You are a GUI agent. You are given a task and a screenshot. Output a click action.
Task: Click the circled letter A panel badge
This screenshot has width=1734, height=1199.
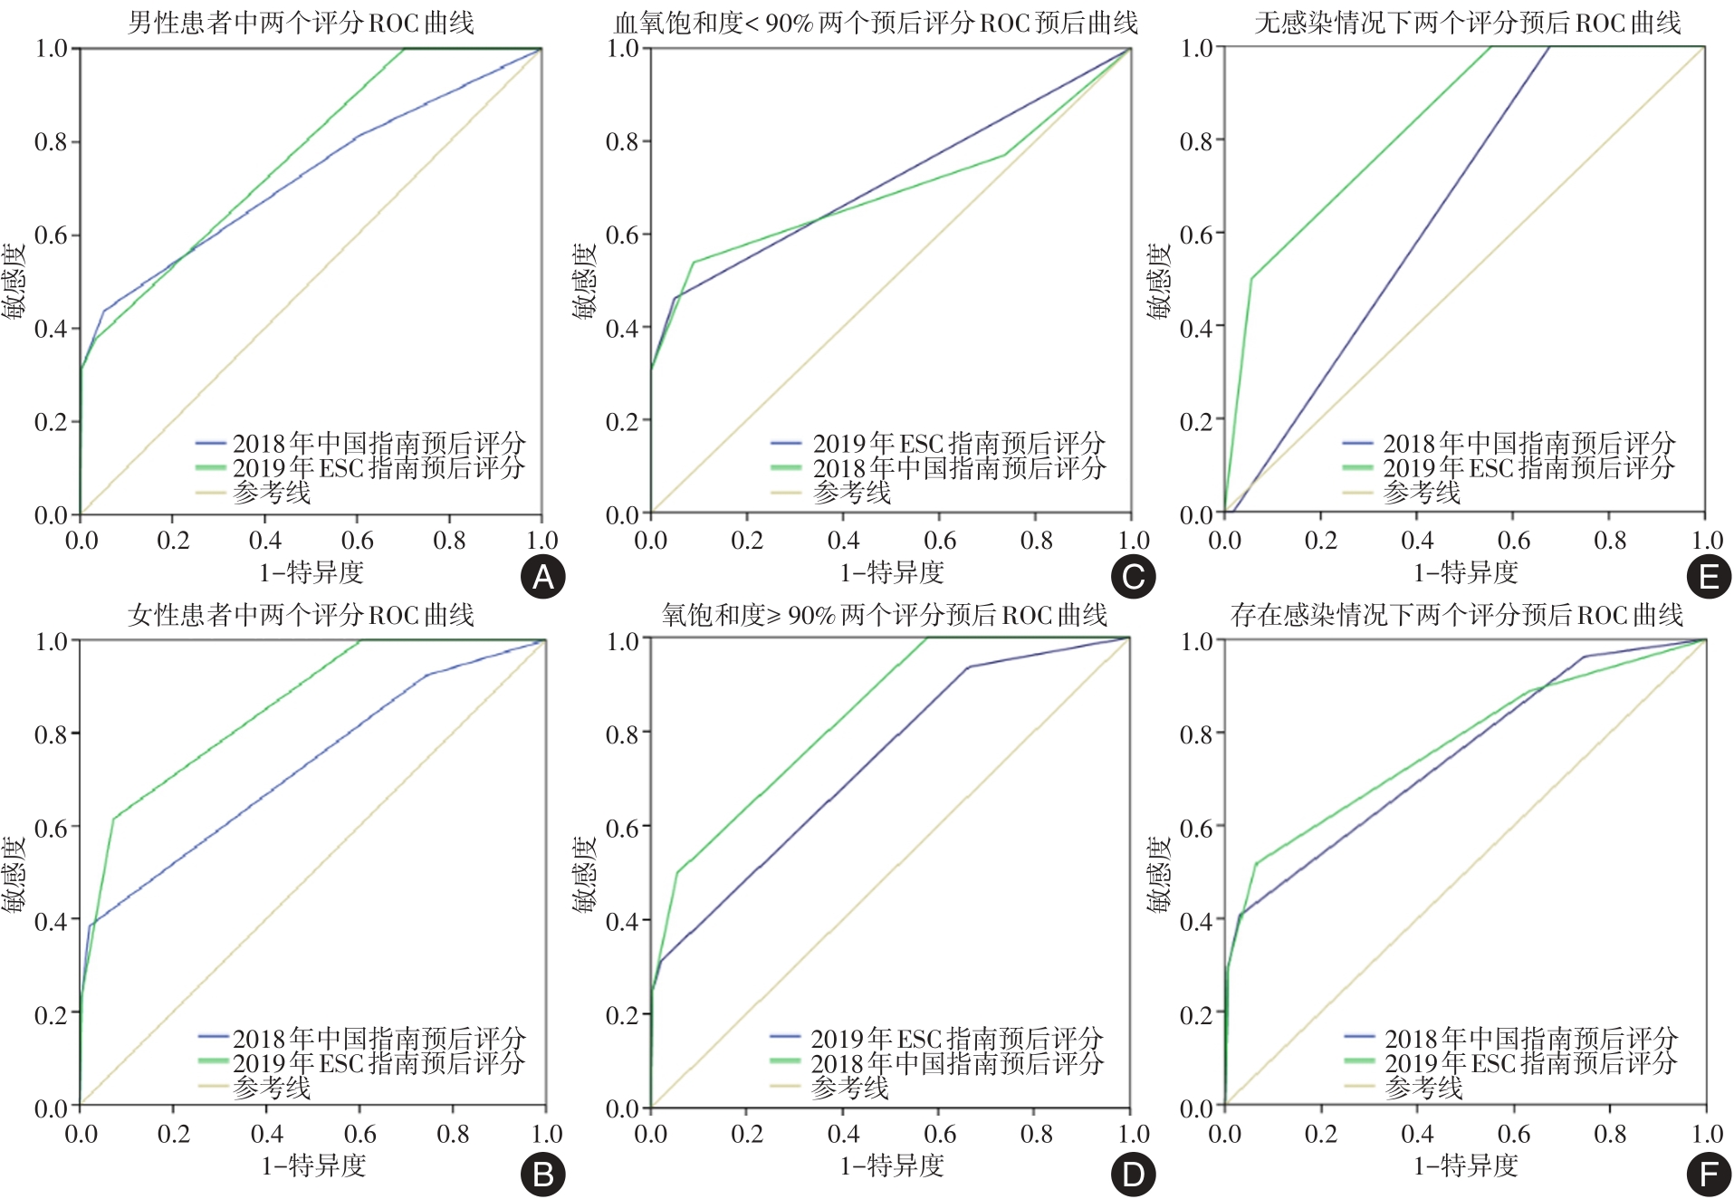543,577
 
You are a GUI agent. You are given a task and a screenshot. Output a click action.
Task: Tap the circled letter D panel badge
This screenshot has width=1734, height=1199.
1133,1175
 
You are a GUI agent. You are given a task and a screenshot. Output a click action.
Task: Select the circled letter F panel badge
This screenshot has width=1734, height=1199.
1709,1175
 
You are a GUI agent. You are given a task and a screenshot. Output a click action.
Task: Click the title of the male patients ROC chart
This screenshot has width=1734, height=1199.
301,22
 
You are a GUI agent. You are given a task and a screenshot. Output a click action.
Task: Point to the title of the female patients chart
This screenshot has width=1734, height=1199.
301,616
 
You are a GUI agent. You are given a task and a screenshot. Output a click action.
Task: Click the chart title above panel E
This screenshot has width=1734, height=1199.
1467,22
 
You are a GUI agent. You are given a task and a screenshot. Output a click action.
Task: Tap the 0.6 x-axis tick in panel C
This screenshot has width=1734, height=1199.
940,542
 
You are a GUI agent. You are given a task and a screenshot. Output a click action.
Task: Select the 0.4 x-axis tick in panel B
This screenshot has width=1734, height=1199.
266,1135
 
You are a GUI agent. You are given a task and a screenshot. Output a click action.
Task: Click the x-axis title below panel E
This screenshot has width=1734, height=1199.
1465,572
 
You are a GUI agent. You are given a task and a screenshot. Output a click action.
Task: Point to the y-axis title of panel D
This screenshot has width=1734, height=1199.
585,872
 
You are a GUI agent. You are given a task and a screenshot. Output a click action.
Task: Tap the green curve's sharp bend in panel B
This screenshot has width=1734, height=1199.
113,819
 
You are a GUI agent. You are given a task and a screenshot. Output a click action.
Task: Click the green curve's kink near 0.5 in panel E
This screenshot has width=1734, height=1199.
1251,278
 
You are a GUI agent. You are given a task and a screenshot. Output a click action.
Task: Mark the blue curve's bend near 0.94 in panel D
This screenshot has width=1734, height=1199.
969,667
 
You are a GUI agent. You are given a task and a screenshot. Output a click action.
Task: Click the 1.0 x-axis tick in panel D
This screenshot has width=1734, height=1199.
1133,1135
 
